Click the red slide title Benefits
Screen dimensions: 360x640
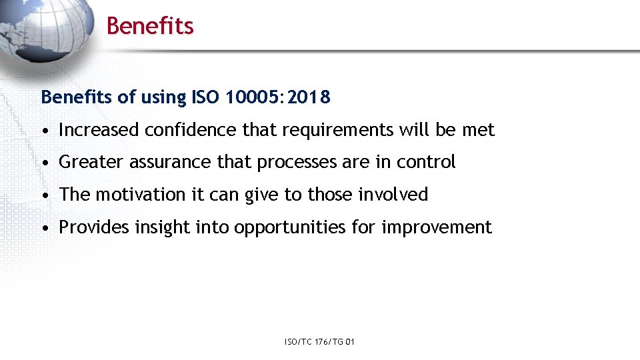pos(150,26)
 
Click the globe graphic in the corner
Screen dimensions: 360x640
pos(47,27)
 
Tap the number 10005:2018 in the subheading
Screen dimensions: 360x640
pos(278,97)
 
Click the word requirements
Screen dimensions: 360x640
pos(337,131)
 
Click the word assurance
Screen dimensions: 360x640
pos(170,162)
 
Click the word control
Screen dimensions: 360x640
pos(426,162)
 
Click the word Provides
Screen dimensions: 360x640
pos(94,227)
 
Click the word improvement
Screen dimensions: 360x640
pos(437,228)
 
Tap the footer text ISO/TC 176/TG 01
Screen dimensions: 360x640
pos(319,342)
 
